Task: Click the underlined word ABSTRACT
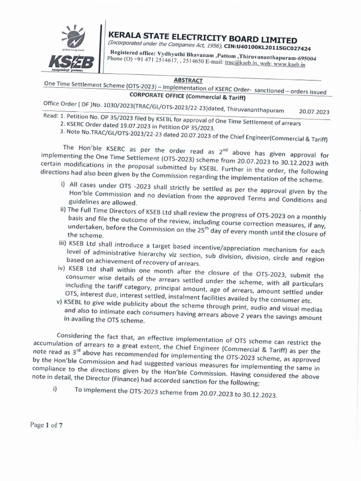click(x=188, y=80)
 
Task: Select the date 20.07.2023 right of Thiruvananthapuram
click(x=314, y=112)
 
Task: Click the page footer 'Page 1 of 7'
click(x=47, y=425)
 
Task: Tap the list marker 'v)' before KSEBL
click(x=60, y=302)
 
